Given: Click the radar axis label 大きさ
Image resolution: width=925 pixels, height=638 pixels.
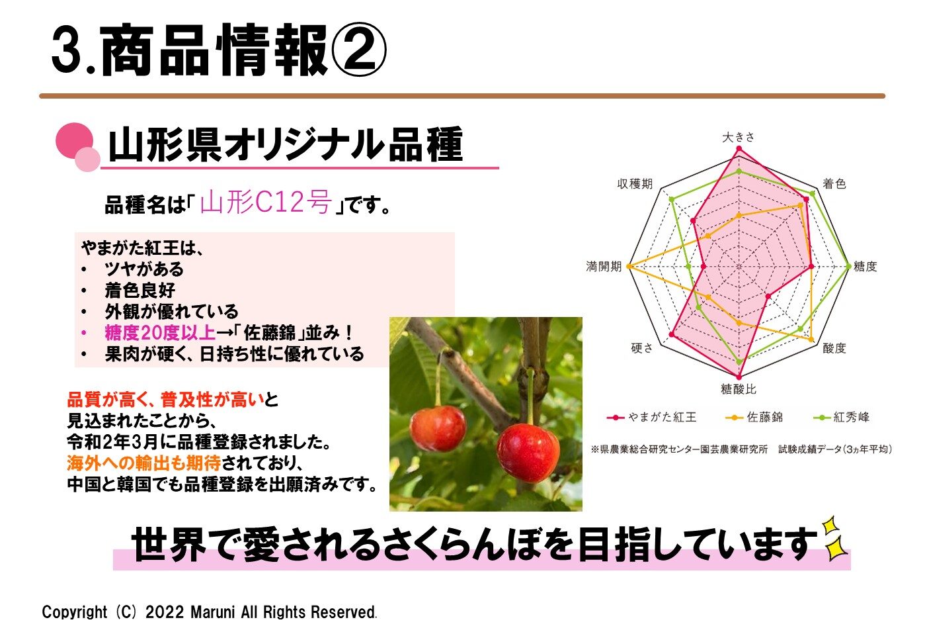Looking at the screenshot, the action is (x=739, y=137).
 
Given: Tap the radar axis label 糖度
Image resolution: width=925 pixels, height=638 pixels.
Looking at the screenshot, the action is (x=865, y=266).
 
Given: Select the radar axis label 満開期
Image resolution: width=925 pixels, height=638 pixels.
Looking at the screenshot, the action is (x=604, y=267).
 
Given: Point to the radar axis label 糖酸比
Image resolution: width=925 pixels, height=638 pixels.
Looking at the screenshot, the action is (x=739, y=389).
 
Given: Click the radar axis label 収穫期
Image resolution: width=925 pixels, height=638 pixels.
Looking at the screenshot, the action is (x=635, y=183).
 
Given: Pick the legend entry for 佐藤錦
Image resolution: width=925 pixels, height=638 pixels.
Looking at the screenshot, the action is (x=754, y=417).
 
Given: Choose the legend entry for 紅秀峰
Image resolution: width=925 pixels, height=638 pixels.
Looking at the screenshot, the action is (x=841, y=417).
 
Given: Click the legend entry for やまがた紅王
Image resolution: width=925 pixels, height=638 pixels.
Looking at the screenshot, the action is (x=652, y=417).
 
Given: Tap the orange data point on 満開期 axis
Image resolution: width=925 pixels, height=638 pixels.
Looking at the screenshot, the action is (x=629, y=267).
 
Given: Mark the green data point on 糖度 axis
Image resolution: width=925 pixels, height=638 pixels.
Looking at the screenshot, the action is (x=848, y=267).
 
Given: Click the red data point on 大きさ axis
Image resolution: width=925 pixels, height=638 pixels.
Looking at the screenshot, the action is (x=739, y=148).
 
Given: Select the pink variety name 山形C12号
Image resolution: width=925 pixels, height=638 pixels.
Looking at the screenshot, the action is (x=266, y=202).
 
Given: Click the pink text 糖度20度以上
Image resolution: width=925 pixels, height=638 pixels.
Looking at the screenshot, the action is (x=160, y=333).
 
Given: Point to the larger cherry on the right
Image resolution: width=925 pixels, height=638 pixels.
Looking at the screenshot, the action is (x=528, y=453).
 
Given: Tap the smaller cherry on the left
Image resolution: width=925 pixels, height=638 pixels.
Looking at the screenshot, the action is (x=438, y=428).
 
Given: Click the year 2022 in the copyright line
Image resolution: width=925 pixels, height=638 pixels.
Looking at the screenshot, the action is (x=165, y=612).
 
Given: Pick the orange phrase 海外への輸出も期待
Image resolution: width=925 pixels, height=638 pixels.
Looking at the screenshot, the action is (x=143, y=463).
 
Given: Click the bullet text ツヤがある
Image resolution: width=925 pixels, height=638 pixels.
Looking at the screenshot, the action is (x=144, y=269).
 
